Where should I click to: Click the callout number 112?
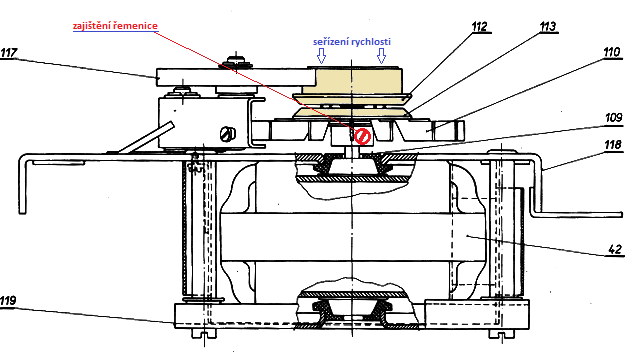point(480,27)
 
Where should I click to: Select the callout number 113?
point(548,27)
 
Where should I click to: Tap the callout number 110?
point(612,52)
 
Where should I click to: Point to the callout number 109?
point(614,118)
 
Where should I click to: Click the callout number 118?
point(613,145)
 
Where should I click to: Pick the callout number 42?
point(615,249)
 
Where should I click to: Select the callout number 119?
point(8,301)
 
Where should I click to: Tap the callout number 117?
point(9,53)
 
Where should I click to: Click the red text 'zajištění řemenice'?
point(115,26)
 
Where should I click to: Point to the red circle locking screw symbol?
point(362,136)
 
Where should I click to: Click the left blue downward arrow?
point(322,56)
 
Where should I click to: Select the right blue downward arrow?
point(381,56)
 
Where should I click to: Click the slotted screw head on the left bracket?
point(228,134)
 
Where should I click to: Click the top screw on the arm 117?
point(236,62)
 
